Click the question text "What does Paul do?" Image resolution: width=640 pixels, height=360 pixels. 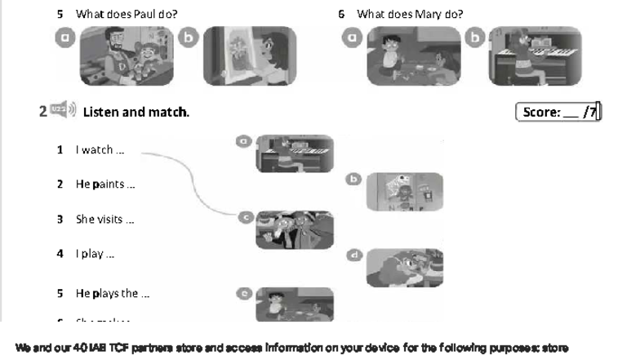pos(126,14)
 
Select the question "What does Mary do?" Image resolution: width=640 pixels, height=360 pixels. pos(410,14)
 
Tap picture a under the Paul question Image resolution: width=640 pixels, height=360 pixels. pos(127,56)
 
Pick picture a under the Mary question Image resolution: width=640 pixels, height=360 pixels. pos(413,56)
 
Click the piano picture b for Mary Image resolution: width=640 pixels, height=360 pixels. pos(535,56)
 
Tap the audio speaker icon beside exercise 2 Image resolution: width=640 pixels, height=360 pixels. pos(62,110)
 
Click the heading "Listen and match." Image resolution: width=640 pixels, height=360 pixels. pos(136,112)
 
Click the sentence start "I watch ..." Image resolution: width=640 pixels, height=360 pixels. pos(100,150)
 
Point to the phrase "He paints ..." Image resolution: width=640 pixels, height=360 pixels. pos(104,184)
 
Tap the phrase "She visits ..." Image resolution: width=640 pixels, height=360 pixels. pos(104,220)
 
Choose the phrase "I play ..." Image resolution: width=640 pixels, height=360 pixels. pos(95,254)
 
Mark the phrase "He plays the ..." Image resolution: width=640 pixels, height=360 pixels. pos(112,293)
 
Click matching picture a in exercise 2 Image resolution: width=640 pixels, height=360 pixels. pos(295,153)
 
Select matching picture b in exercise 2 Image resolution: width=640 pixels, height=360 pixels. pos(404,193)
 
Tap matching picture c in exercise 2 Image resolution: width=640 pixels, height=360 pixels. pos(295,229)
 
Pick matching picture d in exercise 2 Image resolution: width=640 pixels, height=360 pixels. pos(404,268)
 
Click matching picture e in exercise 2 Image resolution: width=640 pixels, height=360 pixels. pos(295,304)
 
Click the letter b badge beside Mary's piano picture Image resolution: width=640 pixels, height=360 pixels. pos(474,37)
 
